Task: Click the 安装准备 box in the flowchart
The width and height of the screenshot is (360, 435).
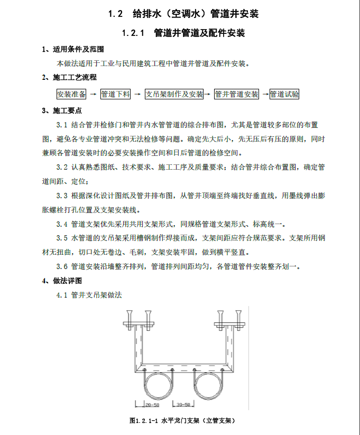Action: (71, 94)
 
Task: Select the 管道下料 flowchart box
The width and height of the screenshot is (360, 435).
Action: (115, 94)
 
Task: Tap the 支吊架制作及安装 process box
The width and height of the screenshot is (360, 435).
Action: (174, 94)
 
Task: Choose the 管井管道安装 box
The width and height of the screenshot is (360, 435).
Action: (236, 94)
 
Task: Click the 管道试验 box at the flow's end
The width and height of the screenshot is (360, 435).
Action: (284, 94)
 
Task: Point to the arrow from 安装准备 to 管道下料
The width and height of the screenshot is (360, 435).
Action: (93, 94)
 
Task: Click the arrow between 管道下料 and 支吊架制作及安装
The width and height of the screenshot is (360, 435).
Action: (137, 94)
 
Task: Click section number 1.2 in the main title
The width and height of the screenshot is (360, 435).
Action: (115, 14)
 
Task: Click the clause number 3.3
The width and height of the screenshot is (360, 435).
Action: (62, 195)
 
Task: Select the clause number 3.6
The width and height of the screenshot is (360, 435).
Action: (62, 266)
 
